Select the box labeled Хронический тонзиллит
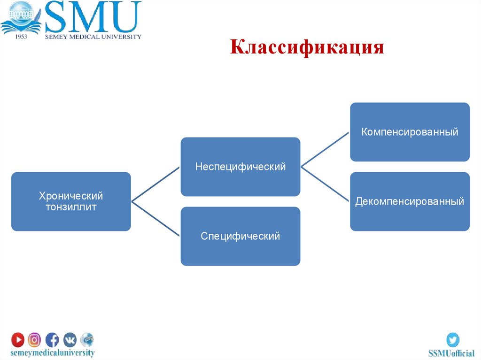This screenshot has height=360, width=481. tap(71, 201)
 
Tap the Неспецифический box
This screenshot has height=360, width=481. tap(240, 167)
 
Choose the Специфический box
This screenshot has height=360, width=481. tap(240, 236)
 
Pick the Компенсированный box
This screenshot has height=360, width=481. tap(410, 132)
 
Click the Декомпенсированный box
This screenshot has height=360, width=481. tap(410, 201)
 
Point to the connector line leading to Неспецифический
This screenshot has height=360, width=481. tap(156, 184)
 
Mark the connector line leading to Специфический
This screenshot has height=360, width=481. tap(156, 219)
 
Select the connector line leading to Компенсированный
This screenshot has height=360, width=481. tap(325, 149)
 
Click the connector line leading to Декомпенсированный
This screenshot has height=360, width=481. tap(325, 184)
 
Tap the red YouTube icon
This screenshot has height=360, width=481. tap(18, 339)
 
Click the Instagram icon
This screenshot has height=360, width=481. tap(35, 339)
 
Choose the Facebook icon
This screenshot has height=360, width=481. tap(52, 339)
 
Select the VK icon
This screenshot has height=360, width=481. tap(70, 339)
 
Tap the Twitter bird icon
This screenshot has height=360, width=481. tap(452, 339)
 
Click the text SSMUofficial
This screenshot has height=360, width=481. tap(451, 353)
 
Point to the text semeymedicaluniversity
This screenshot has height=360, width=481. tap(53, 352)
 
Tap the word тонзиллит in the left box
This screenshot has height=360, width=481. tap(71, 207)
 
